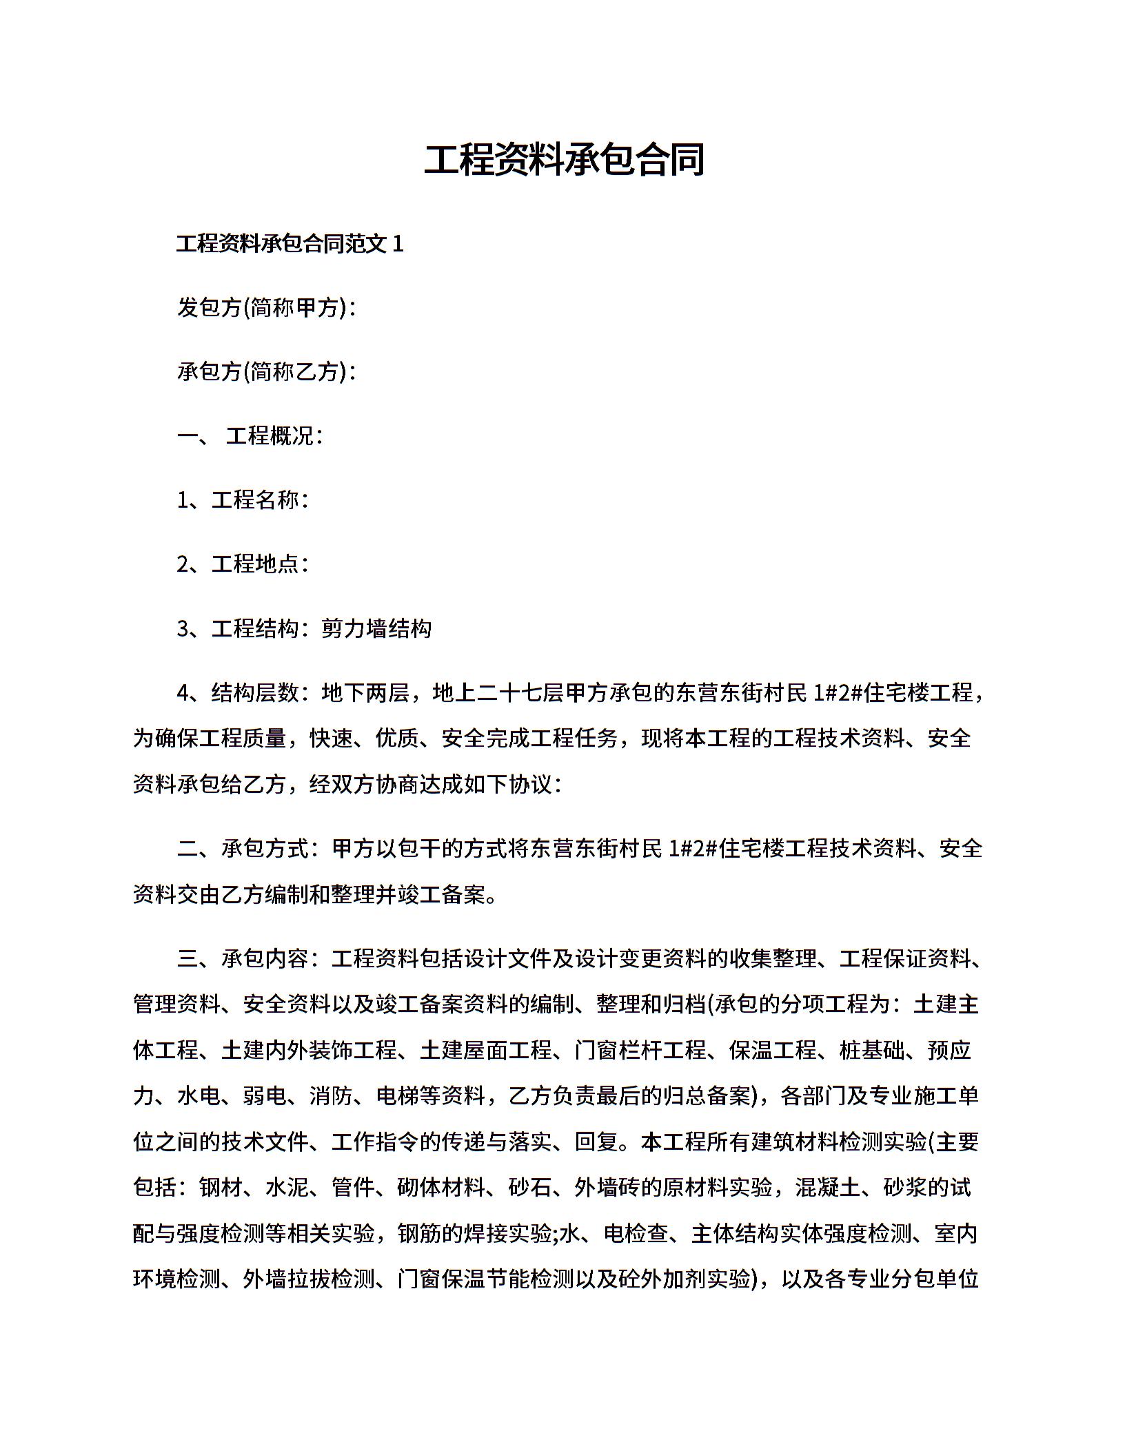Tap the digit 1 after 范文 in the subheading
click(397, 244)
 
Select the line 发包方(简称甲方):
click(266, 308)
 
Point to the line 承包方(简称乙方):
click(266, 372)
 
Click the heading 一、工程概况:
click(250, 436)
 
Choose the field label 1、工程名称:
click(242, 500)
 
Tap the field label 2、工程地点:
click(242, 564)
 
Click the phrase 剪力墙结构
click(376, 628)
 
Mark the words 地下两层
click(365, 692)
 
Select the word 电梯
click(398, 1096)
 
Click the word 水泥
click(287, 1188)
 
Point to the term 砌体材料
click(442, 1188)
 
